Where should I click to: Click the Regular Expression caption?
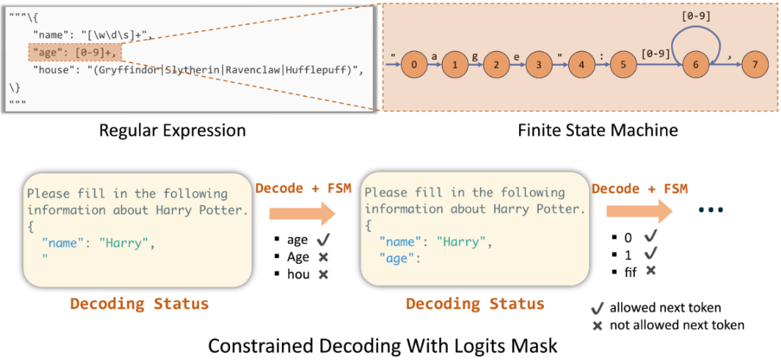click(x=172, y=131)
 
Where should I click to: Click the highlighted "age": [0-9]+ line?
click(x=74, y=53)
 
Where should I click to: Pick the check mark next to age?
click(x=323, y=240)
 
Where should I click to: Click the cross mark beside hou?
click(x=323, y=275)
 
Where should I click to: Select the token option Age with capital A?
click(x=298, y=257)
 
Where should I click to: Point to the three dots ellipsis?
click(x=711, y=210)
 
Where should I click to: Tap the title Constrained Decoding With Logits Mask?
click(x=383, y=345)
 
